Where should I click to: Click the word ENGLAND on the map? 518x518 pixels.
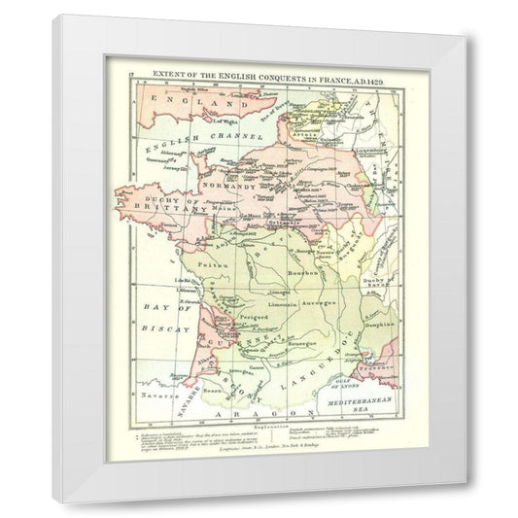coord(179,101)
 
